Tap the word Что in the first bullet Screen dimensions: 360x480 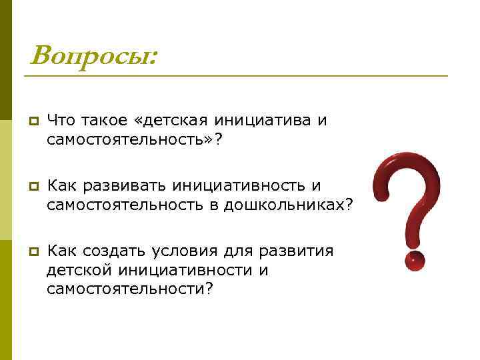point(62,121)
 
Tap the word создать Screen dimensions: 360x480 point(120,251)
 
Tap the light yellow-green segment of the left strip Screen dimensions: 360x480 point(5,180)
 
